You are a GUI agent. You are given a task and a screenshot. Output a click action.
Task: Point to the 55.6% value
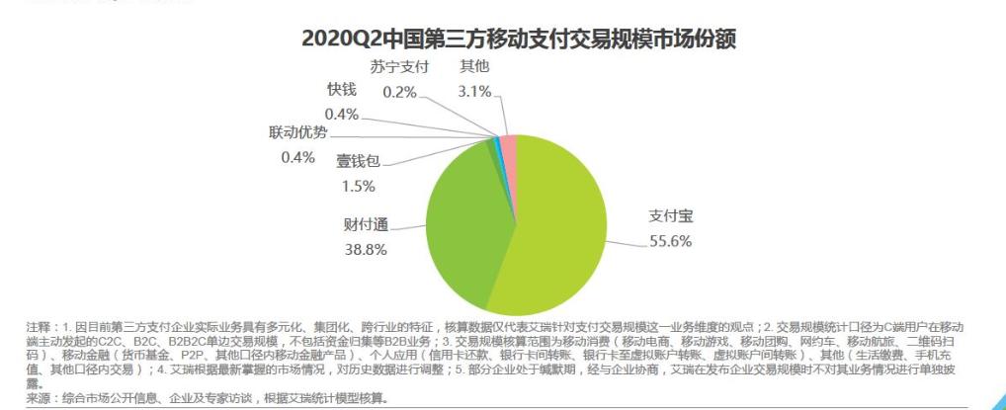[x=670, y=241]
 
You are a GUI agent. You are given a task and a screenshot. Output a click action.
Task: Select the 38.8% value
[x=366, y=252]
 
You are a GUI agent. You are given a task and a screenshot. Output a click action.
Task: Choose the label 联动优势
[x=297, y=133]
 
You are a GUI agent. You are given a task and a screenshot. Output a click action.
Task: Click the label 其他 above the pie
[x=474, y=67]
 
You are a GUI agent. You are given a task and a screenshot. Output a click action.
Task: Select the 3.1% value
[x=474, y=91]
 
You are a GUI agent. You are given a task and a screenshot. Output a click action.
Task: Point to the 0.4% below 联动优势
[x=297, y=157]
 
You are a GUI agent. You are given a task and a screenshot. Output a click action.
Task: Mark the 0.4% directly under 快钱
[x=341, y=113]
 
